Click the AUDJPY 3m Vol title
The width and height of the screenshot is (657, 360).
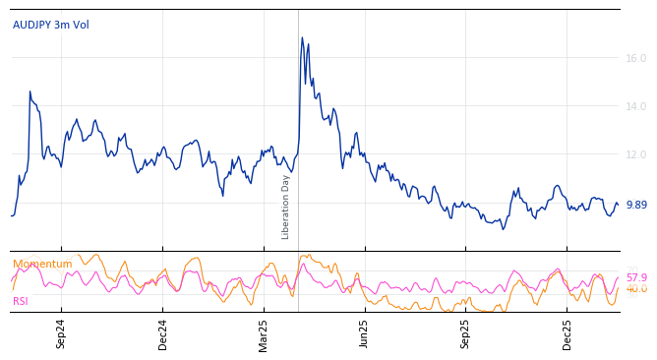50,25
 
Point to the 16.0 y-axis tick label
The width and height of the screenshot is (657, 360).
635,58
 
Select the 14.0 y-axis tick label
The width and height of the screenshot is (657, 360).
635,106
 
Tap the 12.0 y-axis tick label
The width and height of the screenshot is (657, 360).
635,154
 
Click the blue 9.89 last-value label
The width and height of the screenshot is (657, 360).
635,205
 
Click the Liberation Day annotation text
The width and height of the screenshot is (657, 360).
286,207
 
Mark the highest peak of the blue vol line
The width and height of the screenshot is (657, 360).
302,38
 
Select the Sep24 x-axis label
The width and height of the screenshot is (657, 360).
61,333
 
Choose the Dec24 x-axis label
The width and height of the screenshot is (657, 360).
163,333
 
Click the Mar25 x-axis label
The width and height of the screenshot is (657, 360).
264,333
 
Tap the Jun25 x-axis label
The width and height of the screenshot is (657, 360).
365,333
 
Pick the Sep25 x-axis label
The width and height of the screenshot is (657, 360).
466,333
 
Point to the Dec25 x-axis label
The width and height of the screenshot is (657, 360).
567,333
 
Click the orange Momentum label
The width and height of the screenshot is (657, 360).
42,264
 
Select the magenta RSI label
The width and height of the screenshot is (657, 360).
21,301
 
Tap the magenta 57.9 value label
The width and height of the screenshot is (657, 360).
636,278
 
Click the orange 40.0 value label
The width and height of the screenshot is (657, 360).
636,289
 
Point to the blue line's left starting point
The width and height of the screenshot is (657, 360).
11,215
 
